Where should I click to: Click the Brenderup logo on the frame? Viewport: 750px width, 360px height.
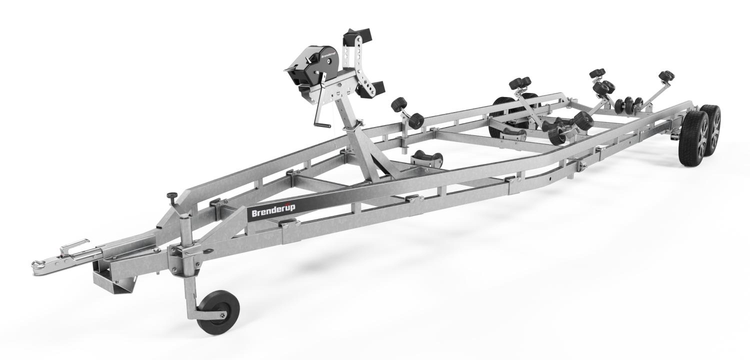[x=272, y=213]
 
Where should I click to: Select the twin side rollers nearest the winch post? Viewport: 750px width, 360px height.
[x=407, y=112]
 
